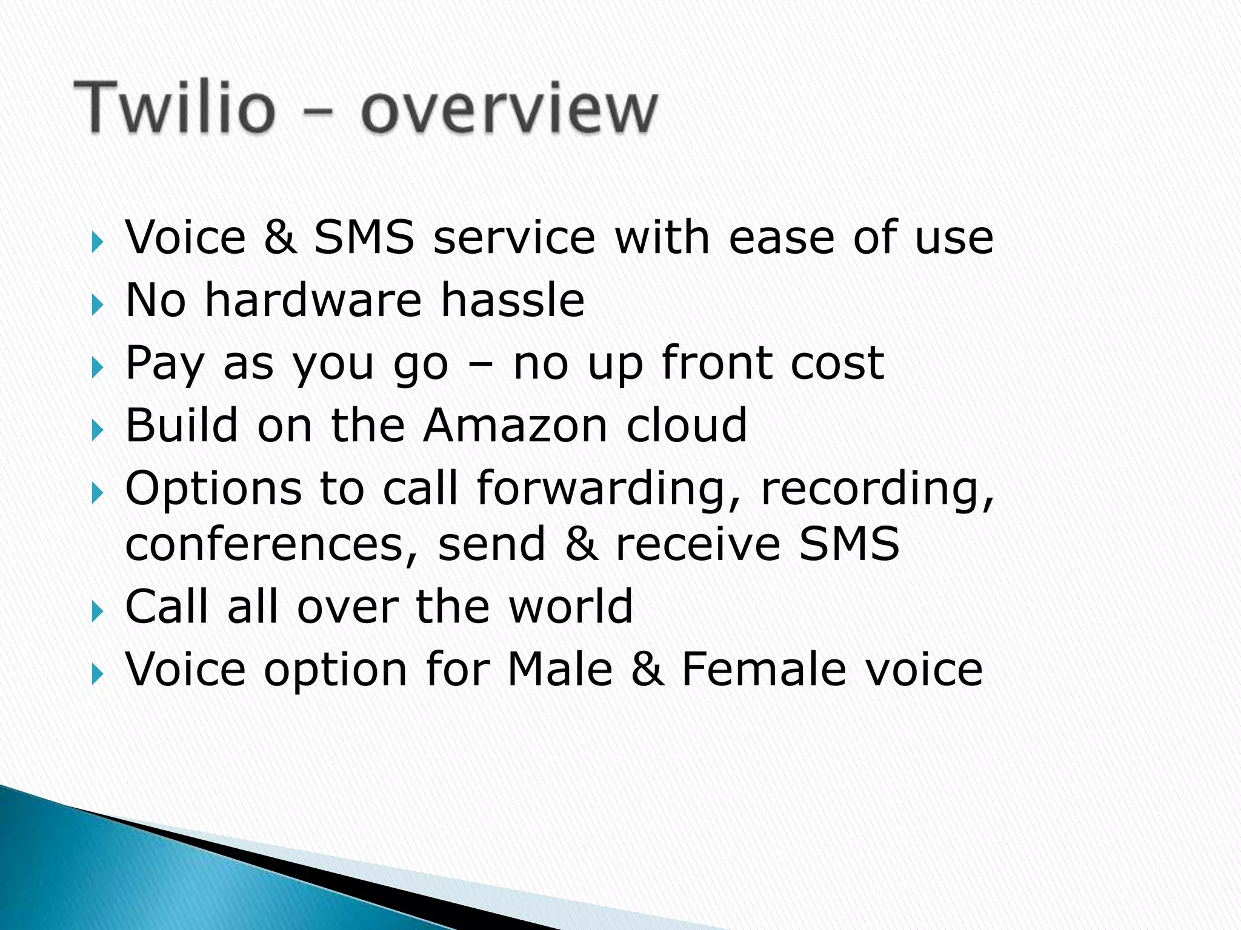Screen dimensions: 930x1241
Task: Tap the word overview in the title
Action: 508,109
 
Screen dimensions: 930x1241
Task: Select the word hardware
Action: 313,300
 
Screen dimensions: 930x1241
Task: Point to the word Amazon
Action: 515,426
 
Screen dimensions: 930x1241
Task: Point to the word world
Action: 571,607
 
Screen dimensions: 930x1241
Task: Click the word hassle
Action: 512,300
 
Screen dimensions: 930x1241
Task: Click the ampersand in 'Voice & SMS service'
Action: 280,237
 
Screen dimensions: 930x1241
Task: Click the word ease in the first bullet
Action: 781,237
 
